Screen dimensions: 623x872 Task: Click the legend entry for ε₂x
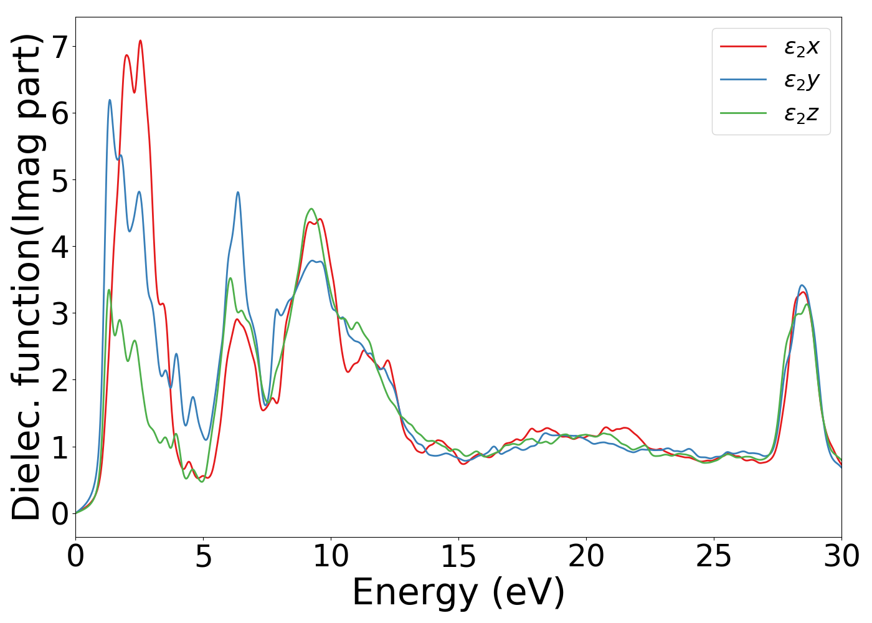[802, 47]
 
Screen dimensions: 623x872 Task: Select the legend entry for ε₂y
[802, 80]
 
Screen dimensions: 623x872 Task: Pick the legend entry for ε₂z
[802, 113]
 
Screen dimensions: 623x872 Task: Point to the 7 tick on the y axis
[61, 47]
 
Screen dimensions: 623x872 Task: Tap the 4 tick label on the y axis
[61, 247]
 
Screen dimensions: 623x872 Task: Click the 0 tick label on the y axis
[61, 513]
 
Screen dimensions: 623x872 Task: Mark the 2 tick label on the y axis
[61, 380]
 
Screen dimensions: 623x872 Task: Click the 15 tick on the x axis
[458, 556]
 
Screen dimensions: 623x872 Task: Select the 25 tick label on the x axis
[714, 556]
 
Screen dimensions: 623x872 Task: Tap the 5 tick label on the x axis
[203, 556]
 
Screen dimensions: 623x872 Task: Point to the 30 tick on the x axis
[841, 556]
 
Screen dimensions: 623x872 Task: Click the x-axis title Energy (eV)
[458, 592]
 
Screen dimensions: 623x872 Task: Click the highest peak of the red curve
[140, 40]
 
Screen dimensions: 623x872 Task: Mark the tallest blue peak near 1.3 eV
[110, 100]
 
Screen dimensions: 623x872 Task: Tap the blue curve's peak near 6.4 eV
[238, 193]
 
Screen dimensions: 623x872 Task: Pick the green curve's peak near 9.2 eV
[311, 209]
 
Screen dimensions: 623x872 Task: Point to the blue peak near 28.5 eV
[802, 285]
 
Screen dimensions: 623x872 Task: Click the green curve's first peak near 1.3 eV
[109, 290]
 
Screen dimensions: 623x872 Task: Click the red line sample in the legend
[743, 47]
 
